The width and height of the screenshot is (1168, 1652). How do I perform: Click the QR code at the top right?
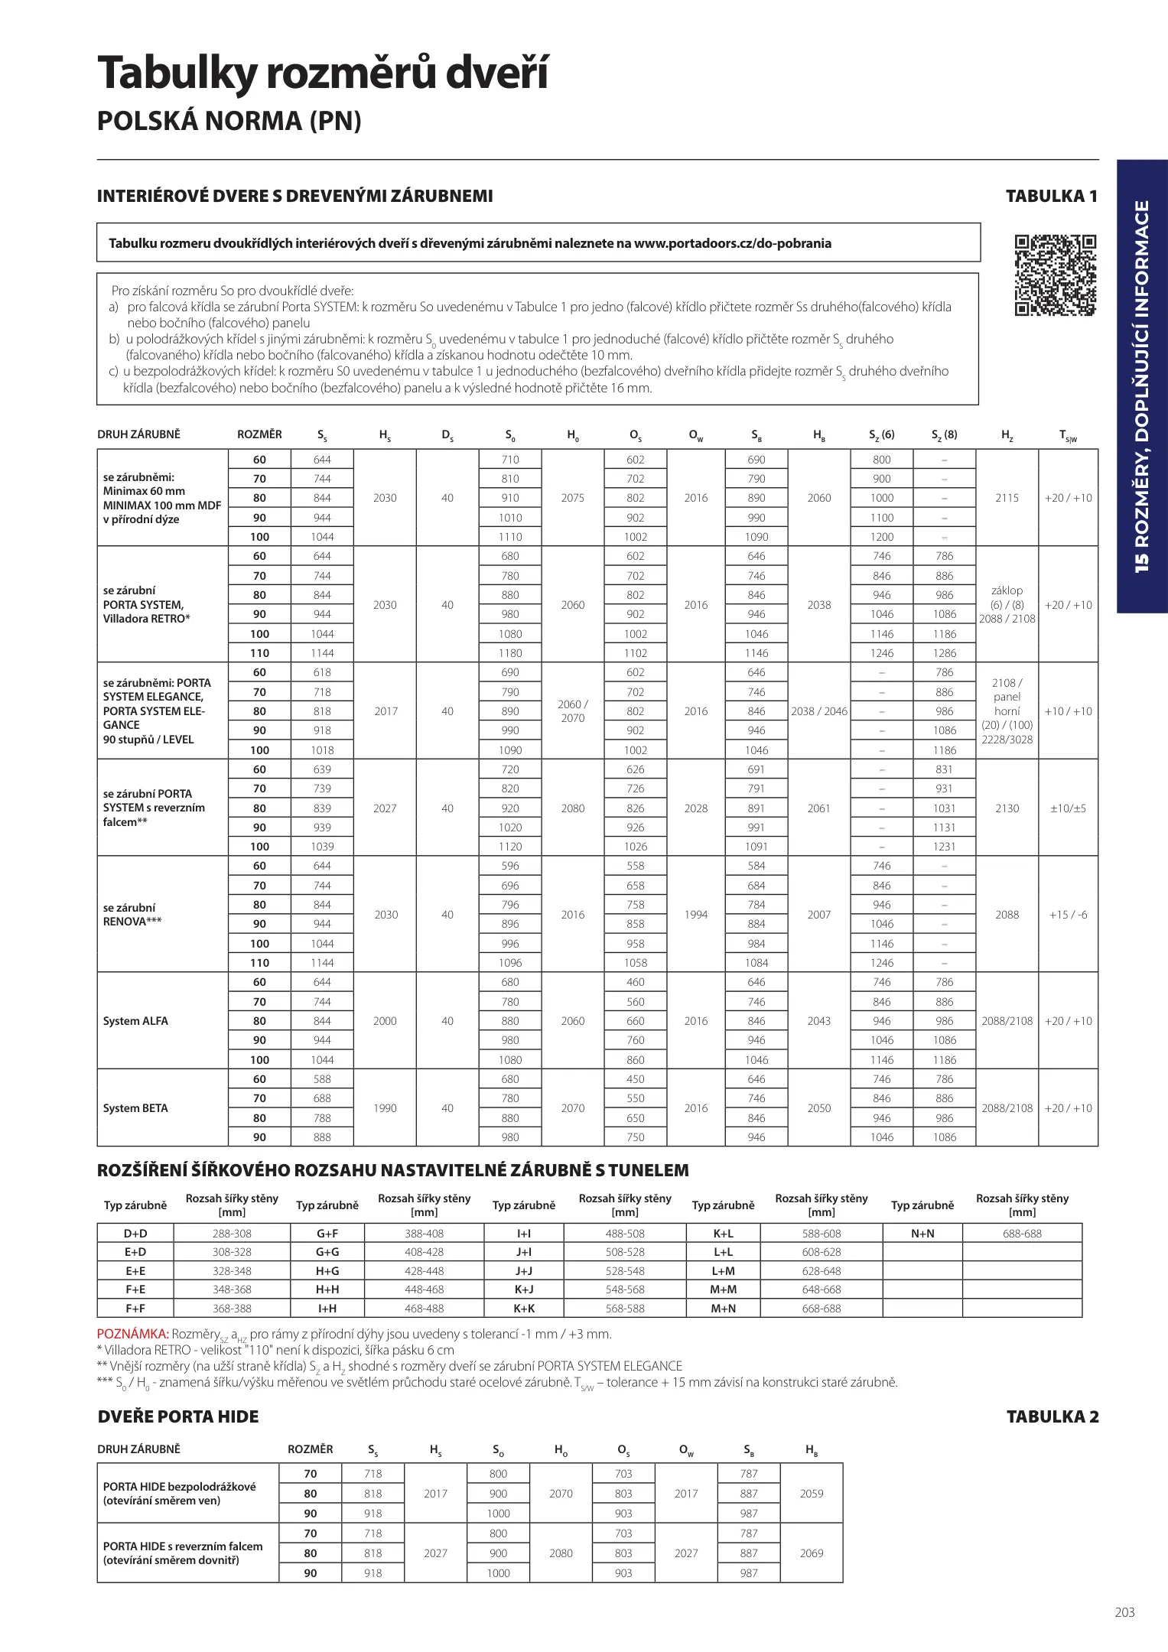click(1055, 275)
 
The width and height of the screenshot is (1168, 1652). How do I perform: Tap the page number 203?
click(1124, 1612)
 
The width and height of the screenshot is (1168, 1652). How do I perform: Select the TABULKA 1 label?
click(1051, 196)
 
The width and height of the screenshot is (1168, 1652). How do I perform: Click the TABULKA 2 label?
click(1052, 1416)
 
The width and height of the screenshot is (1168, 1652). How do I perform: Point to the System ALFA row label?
click(135, 1021)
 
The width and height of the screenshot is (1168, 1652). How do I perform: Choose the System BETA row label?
click(135, 1108)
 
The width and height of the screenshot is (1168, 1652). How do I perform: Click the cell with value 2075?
click(572, 498)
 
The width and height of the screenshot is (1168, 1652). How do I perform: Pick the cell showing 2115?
click(1007, 498)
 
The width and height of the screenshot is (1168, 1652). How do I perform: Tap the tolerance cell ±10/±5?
click(1068, 808)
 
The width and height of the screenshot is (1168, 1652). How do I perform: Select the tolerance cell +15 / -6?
click(1068, 915)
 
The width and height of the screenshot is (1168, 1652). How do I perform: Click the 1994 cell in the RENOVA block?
click(696, 915)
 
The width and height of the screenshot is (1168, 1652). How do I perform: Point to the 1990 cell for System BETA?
click(385, 1108)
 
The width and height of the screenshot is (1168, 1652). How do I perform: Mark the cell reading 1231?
click(944, 847)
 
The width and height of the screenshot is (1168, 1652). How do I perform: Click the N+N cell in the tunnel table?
click(922, 1234)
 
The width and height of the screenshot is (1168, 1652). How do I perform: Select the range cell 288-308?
click(232, 1234)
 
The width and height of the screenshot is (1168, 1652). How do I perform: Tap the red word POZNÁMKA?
click(132, 1335)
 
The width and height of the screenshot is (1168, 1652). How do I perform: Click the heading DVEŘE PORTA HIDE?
click(178, 1416)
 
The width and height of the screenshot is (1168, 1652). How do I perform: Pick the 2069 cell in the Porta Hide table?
click(812, 1553)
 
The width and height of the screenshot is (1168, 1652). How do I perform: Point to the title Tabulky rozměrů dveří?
click(323, 74)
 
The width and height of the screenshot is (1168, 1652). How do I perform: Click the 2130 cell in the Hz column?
click(1007, 808)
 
